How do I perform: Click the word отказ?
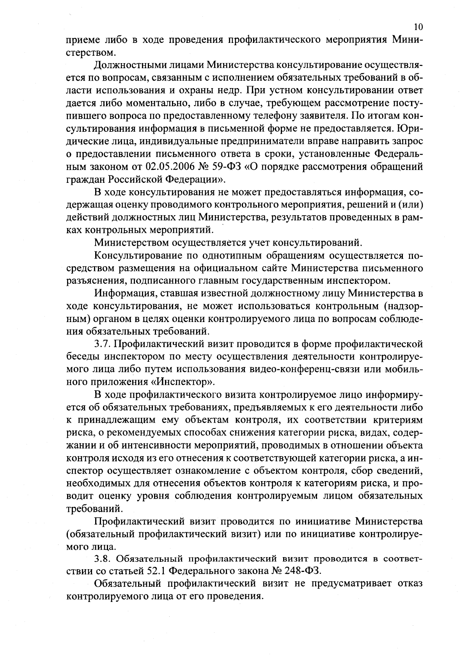(x=409, y=584)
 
